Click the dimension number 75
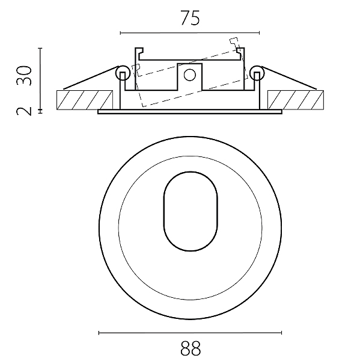[190, 17]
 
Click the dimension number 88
[191, 348]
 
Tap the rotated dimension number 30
[24, 76]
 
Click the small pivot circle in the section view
[190, 75]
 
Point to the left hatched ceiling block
[85, 100]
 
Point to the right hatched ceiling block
[296, 100]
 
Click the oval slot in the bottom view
[191, 211]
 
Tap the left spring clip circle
[123, 73]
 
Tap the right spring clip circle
[257, 73]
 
